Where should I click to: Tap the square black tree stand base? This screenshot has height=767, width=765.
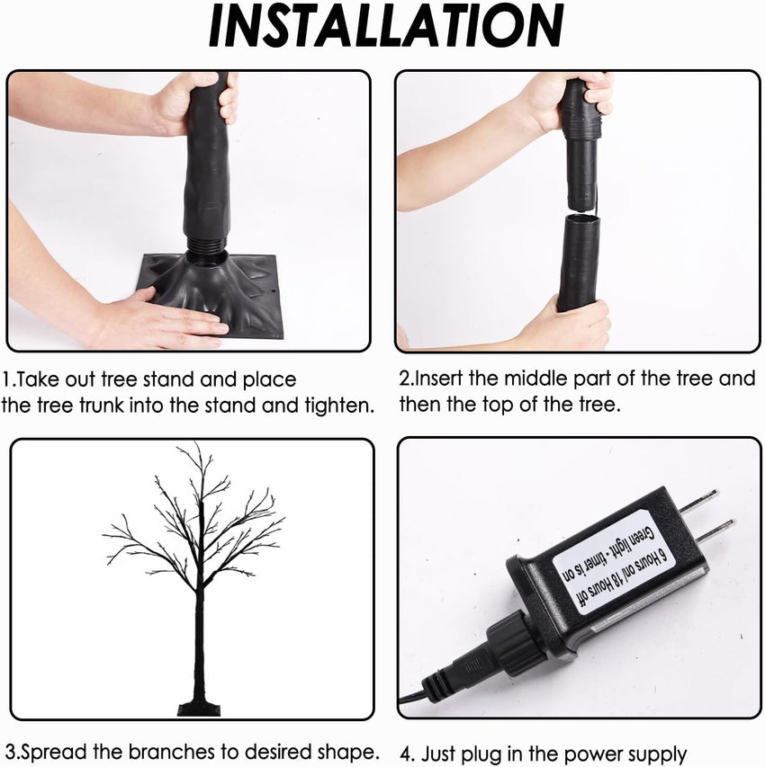(211, 293)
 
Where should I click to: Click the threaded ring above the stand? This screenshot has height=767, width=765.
(206, 245)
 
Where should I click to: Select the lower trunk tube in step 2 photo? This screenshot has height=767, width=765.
(579, 262)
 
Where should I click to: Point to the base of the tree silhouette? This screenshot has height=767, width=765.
(199, 709)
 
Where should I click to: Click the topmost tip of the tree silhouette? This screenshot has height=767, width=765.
(196, 442)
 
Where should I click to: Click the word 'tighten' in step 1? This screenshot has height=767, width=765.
(337, 406)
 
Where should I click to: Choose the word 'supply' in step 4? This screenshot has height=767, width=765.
(656, 755)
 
